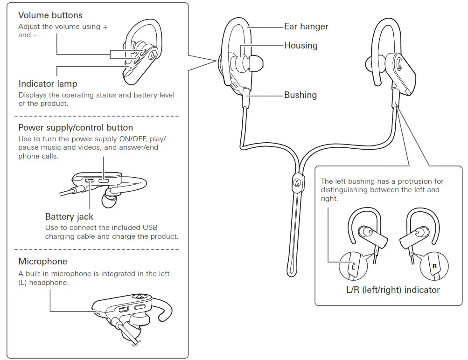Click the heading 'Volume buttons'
coord(50,15)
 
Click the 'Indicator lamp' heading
coord(48,84)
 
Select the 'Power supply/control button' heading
coord(76,127)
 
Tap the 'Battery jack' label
coord(69,216)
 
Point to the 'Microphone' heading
coord(42,261)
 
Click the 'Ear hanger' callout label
coord(306,27)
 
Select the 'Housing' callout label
coord(300,45)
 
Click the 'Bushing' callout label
coord(300,95)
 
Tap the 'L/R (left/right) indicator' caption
coord(393,290)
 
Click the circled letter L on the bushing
coord(353,267)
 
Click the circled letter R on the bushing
coord(434,266)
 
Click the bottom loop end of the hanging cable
coord(291,270)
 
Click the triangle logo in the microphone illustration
coord(139,296)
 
